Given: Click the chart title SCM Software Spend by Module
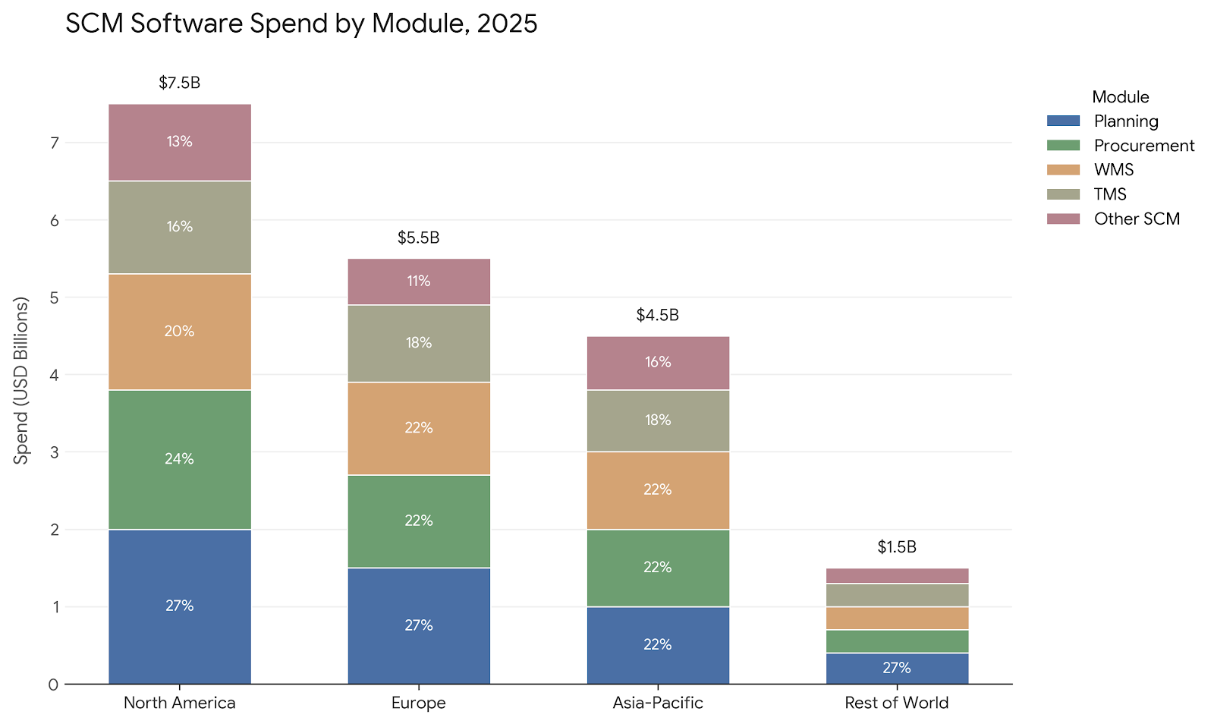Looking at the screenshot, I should (x=301, y=24).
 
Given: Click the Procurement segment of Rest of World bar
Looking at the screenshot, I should (x=897, y=641).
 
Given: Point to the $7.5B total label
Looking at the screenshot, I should (x=180, y=83).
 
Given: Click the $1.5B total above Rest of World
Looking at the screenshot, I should (x=897, y=546).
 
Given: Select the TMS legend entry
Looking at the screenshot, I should (x=1110, y=194).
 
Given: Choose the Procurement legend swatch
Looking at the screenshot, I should (x=1063, y=146).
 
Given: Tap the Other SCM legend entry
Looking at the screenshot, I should (x=1137, y=219).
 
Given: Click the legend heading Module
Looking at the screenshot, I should (x=1120, y=97).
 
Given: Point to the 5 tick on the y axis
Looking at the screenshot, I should (x=53, y=297).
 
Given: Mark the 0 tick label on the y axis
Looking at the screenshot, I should (x=53, y=685).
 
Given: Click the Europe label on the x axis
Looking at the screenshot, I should (x=419, y=703).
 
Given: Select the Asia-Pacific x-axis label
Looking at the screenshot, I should (x=658, y=703).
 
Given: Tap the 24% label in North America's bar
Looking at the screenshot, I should (x=180, y=459).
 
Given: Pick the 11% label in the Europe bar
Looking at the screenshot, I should (x=419, y=282).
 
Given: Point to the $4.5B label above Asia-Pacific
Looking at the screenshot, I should (x=658, y=315).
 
